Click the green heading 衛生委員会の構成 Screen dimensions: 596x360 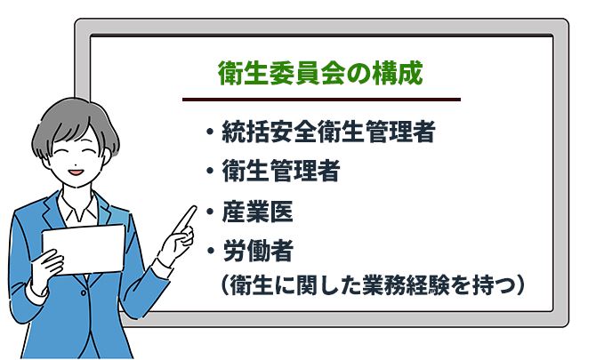[x=320, y=73]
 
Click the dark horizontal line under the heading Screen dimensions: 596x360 [x=321, y=100]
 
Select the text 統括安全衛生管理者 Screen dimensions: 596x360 [x=328, y=132]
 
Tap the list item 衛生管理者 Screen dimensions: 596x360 [x=281, y=171]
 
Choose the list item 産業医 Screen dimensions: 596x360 [x=257, y=212]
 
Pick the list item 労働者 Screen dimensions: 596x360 [x=258, y=251]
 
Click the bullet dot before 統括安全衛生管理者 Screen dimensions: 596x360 [x=209, y=132]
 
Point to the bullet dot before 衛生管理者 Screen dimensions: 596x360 [x=209, y=171]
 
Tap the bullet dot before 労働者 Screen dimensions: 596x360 [x=210, y=251]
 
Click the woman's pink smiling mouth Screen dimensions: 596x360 [x=76, y=172]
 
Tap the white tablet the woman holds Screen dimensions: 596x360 [x=84, y=250]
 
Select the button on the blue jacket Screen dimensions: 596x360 [x=84, y=292]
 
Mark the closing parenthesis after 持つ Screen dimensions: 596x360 [x=520, y=284]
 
